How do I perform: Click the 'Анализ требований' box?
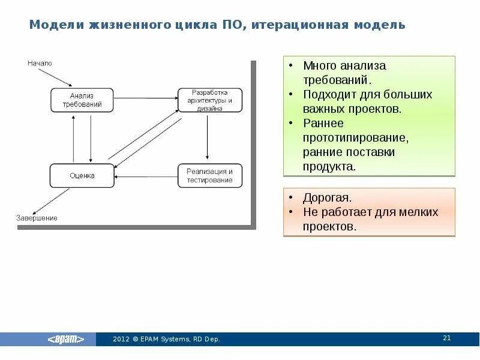pyautogui.click(x=82, y=100)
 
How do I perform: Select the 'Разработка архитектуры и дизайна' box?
pyautogui.click(x=210, y=100)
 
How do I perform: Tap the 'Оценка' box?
pyautogui.click(x=82, y=176)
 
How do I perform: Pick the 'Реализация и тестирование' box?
pyautogui.click(x=210, y=176)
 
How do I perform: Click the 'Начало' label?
pyautogui.click(x=40, y=63)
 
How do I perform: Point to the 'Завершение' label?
pyautogui.click(x=36, y=218)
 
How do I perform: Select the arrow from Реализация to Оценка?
pyautogui.click(x=146, y=176)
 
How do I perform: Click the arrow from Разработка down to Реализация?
pyautogui.click(x=207, y=138)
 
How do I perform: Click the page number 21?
pyautogui.click(x=446, y=338)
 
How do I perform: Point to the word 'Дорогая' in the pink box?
pyautogui.click(x=327, y=198)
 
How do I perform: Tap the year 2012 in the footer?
pyautogui.click(x=121, y=340)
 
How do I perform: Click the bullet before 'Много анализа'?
pyautogui.click(x=290, y=65)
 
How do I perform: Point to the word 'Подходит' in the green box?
pyautogui.click(x=330, y=95)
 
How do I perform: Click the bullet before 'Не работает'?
pyautogui.click(x=290, y=212)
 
